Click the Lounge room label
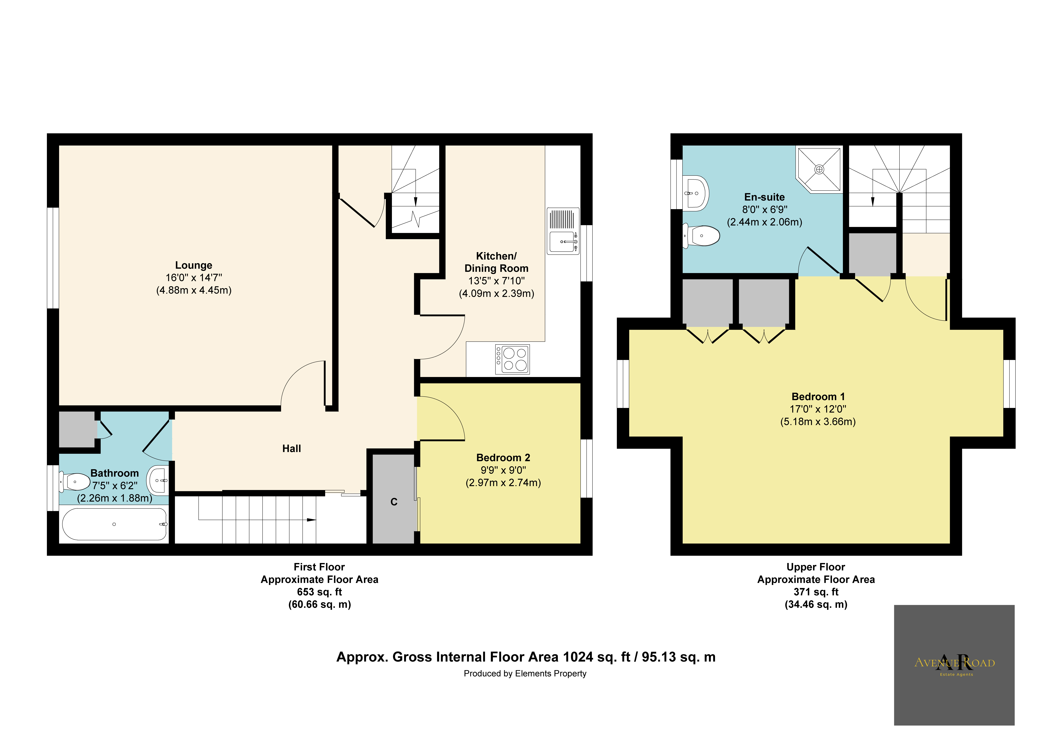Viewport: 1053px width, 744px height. [194, 265]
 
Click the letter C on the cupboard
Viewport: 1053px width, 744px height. [393, 502]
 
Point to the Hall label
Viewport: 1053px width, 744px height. [292, 449]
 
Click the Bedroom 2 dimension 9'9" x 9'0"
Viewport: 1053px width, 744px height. [503, 470]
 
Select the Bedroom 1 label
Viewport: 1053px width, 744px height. [818, 397]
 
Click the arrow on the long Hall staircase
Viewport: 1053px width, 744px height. [311, 520]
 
